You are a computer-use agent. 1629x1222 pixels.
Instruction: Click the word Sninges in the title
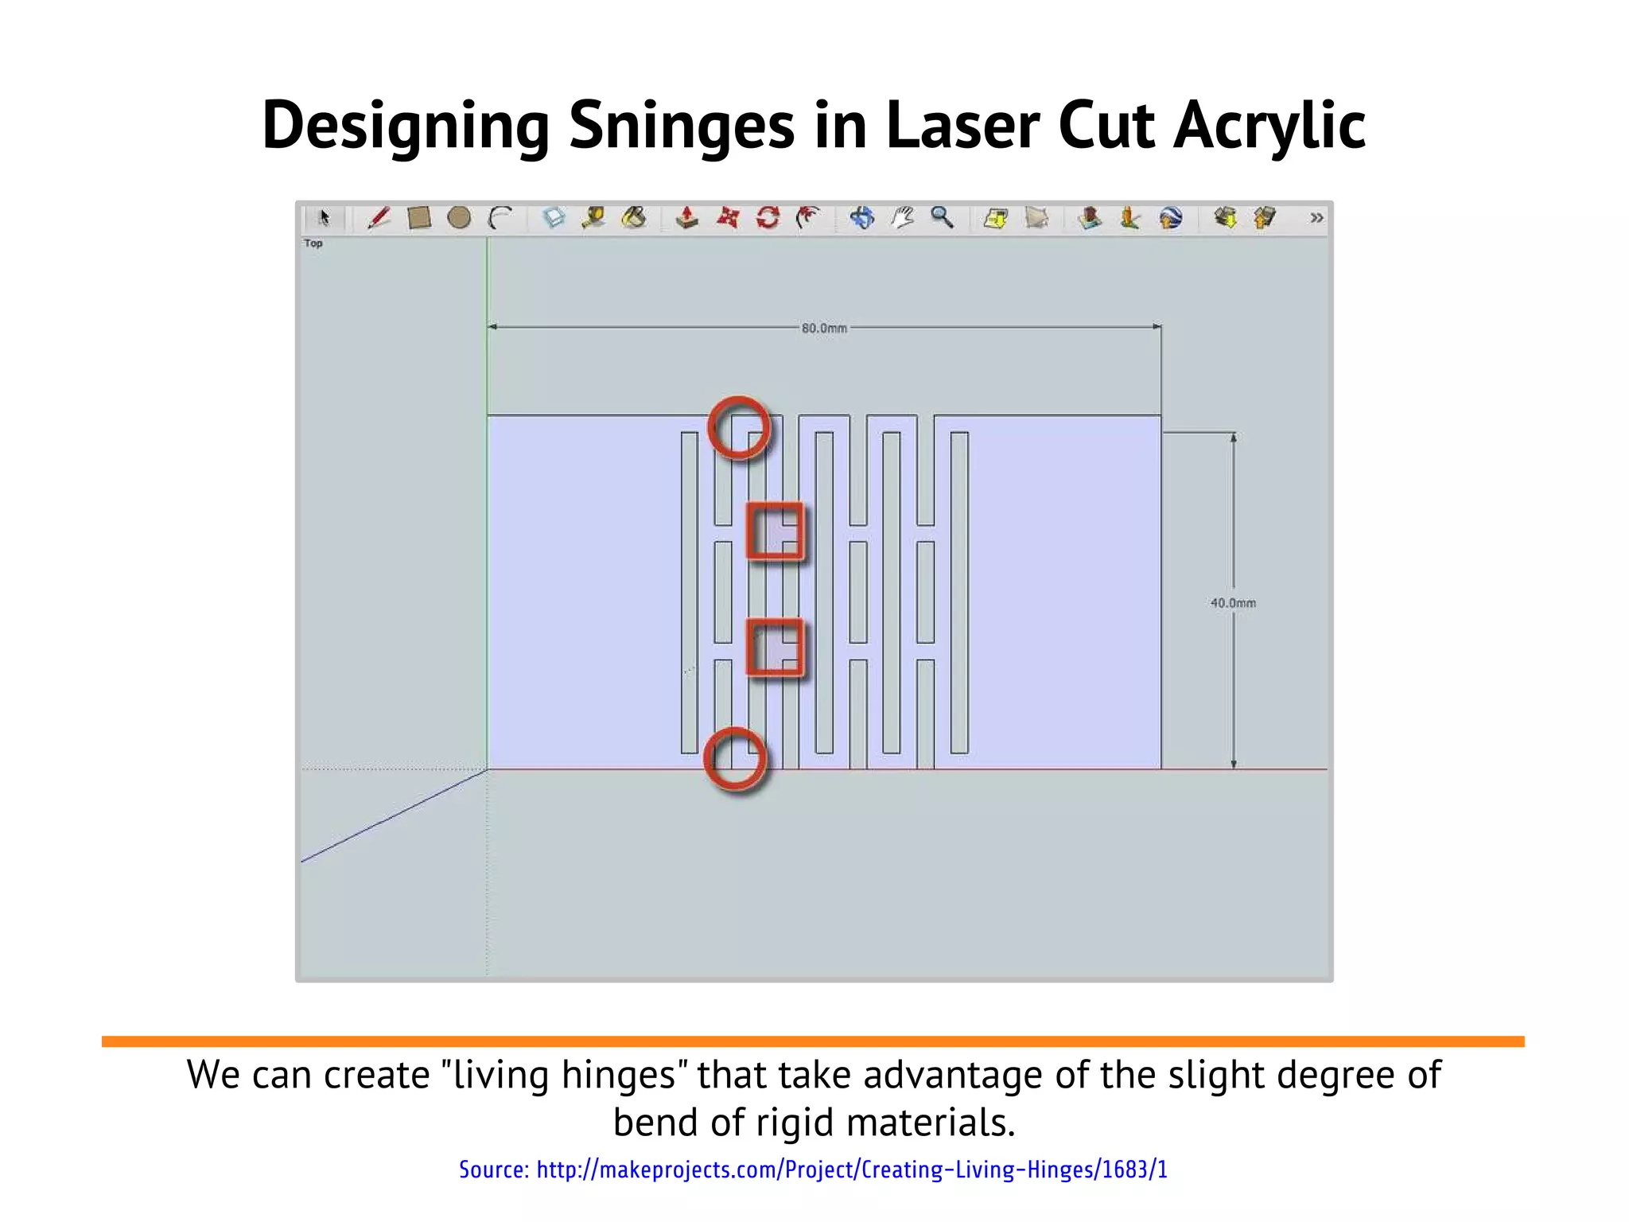click(x=682, y=126)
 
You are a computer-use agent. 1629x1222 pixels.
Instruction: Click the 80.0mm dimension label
click(x=824, y=328)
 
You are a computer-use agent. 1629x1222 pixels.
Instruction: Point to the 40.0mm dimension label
click(x=1233, y=603)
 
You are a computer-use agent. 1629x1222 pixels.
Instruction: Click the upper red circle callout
click(x=739, y=428)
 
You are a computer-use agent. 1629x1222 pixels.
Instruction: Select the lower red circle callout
click(x=736, y=760)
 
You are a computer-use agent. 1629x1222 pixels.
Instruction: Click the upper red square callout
click(x=775, y=531)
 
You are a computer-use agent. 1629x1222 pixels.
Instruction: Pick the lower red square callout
click(x=775, y=647)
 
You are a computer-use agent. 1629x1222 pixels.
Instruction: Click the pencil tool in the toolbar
click(x=379, y=218)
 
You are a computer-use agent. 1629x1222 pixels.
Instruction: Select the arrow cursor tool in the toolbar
click(x=324, y=218)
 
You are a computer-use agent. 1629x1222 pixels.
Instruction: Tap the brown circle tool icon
click(x=459, y=218)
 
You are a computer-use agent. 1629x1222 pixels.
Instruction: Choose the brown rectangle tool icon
click(x=418, y=218)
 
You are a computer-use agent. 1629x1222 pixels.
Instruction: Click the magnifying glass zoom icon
click(x=942, y=217)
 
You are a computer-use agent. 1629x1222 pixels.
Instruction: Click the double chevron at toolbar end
click(x=1316, y=218)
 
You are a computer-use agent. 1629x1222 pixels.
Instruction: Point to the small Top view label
click(x=313, y=243)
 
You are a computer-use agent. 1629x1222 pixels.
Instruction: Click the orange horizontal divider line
click(x=813, y=1041)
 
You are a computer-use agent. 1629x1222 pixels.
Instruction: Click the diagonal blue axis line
click(x=394, y=815)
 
